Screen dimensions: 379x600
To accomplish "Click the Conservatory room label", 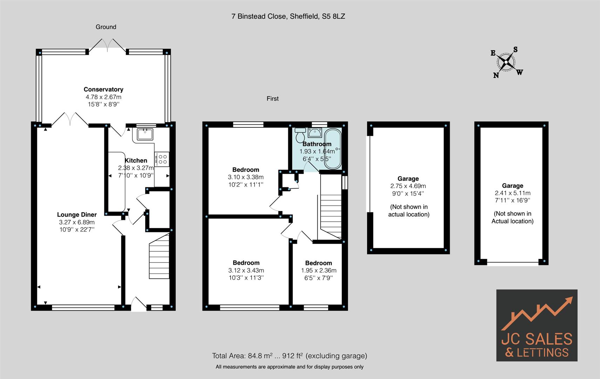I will point(103,89).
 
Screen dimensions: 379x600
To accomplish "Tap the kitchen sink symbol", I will point(145,134).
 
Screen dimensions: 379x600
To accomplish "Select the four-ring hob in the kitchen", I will point(162,159).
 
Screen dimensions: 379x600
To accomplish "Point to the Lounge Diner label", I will point(77,215).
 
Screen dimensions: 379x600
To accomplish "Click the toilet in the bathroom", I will point(300,135).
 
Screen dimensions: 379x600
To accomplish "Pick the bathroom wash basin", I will point(315,133).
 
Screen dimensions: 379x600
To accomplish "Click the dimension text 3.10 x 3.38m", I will point(245,177).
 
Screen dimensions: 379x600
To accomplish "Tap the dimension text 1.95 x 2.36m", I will point(318,271).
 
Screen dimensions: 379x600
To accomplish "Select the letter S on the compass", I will point(515,49).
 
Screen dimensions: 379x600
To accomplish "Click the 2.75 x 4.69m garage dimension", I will point(408,186).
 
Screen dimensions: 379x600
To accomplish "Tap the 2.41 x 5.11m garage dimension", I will point(512,193).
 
